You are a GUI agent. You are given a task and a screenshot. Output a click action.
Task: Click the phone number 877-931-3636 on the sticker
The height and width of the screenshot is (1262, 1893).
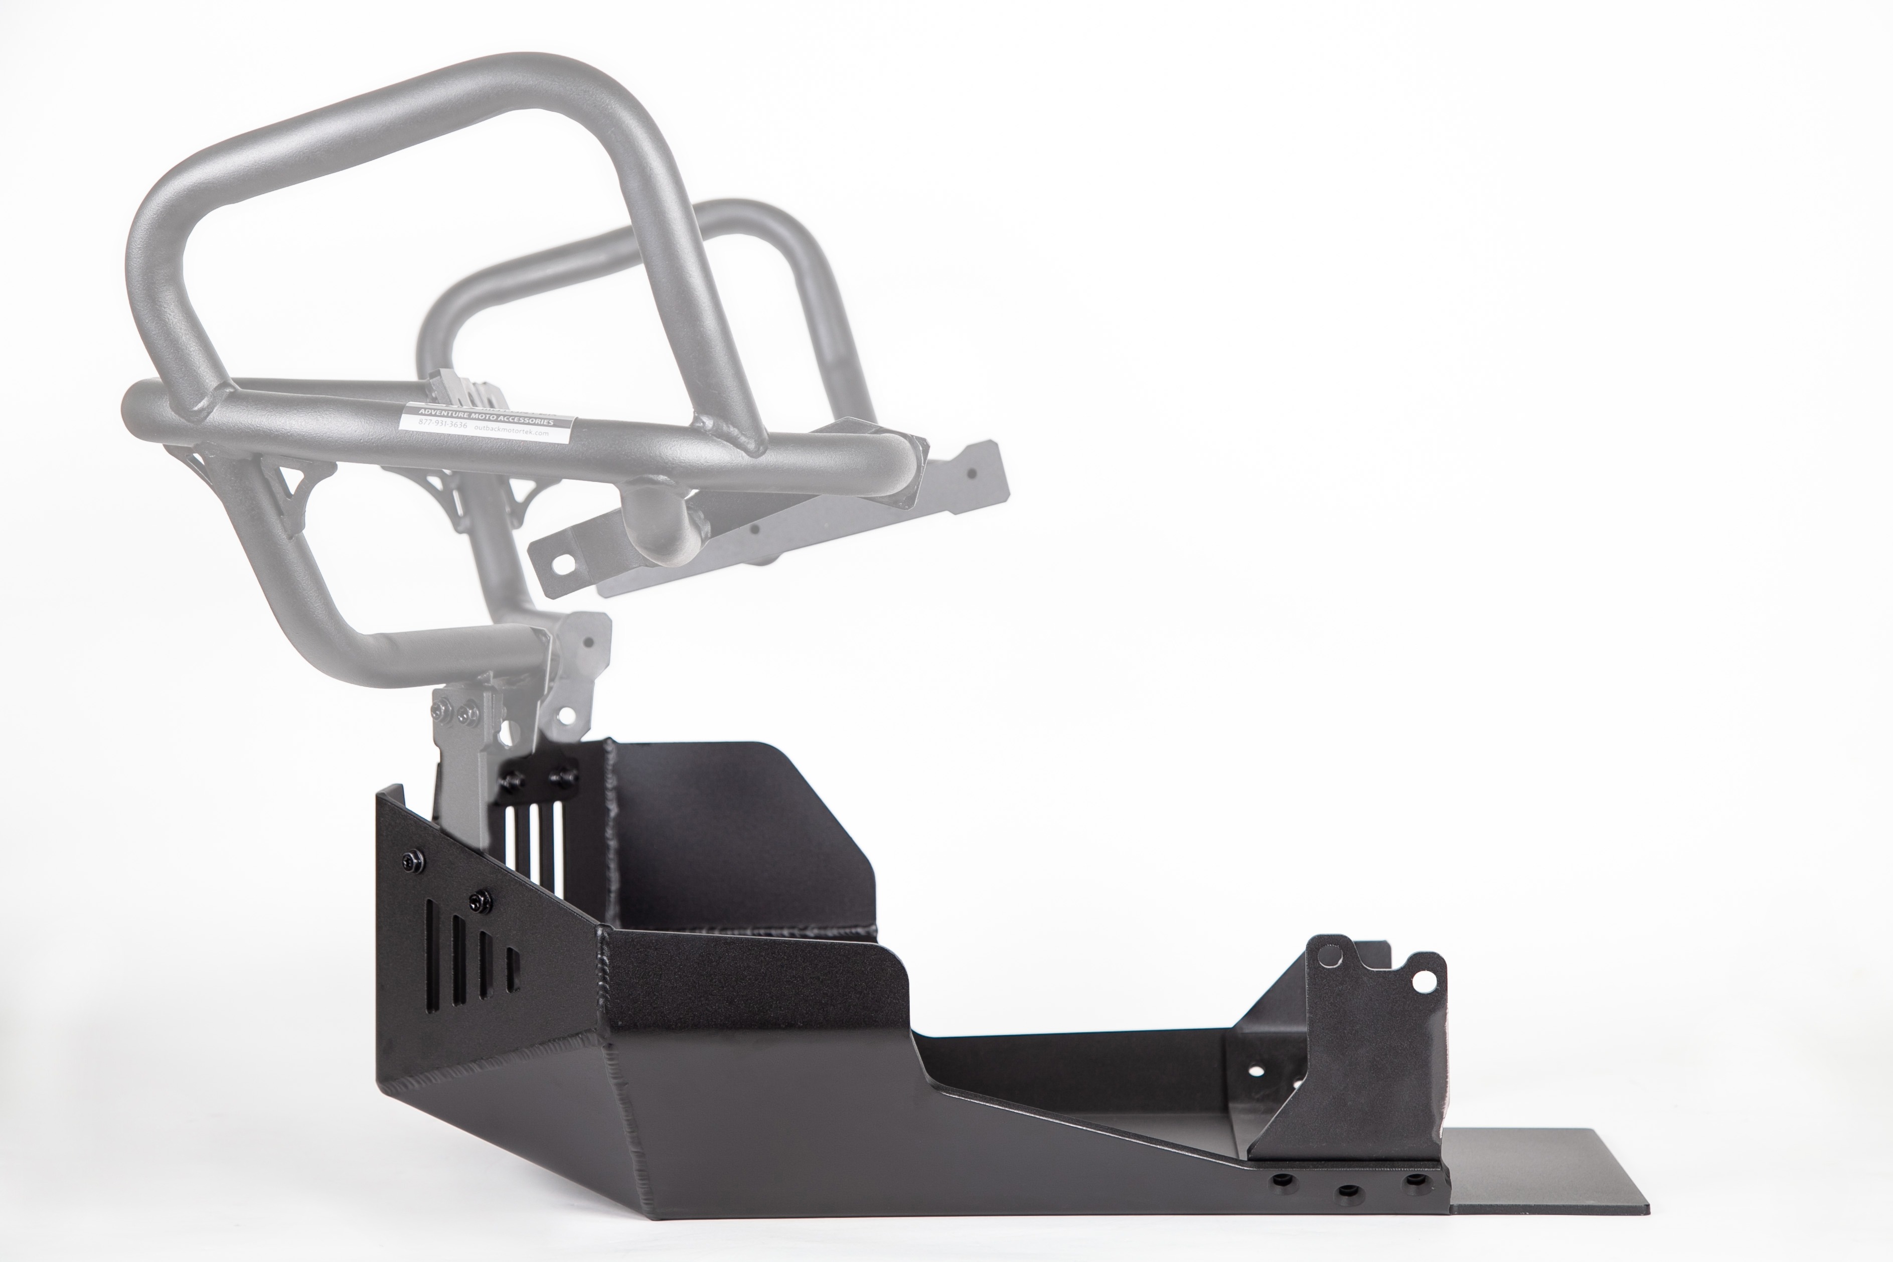(x=443, y=424)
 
